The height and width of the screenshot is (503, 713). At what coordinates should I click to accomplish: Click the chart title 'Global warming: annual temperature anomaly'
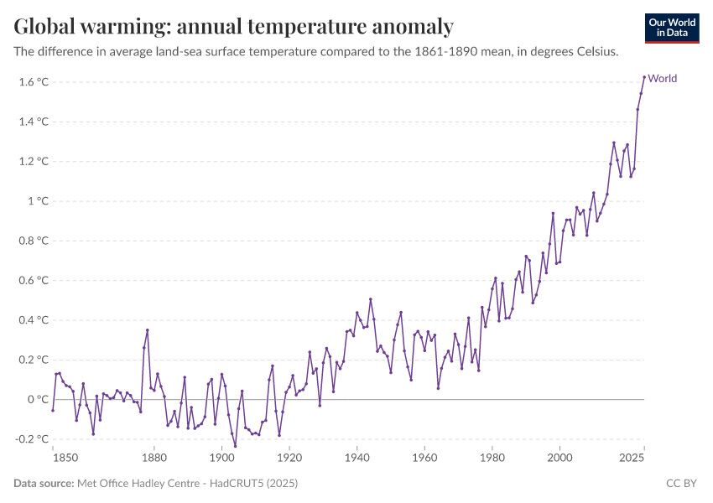click(x=233, y=27)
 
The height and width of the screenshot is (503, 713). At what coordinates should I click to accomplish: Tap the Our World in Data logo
click(x=672, y=28)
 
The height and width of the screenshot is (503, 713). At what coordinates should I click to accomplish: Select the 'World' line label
click(x=663, y=79)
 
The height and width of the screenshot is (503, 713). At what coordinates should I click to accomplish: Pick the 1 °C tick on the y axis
click(x=38, y=201)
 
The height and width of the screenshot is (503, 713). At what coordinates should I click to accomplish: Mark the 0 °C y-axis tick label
click(x=38, y=400)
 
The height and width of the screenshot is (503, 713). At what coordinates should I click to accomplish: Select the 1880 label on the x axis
click(x=154, y=458)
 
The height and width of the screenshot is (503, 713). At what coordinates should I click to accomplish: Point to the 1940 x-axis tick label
click(x=357, y=458)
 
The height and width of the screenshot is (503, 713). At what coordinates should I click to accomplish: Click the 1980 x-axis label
click(x=492, y=458)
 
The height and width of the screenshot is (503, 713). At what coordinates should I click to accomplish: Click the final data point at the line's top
click(x=644, y=77)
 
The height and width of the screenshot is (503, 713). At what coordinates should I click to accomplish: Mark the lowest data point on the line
click(x=235, y=446)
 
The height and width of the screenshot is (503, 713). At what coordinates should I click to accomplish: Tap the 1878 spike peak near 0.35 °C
click(x=148, y=330)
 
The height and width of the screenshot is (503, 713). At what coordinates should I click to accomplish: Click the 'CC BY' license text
click(x=682, y=484)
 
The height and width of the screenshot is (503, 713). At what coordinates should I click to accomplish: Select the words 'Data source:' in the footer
click(x=43, y=484)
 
